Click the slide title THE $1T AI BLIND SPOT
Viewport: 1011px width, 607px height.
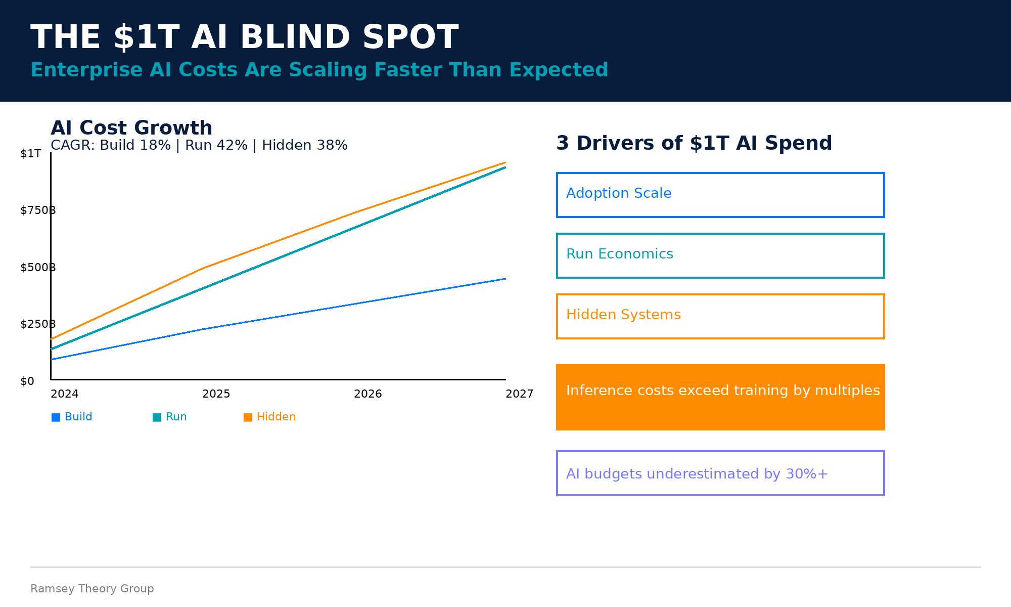pyautogui.click(x=244, y=38)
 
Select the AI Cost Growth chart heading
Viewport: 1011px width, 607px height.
pyautogui.click(x=131, y=128)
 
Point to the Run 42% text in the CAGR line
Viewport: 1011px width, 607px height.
pyautogui.click(x=216, y=145)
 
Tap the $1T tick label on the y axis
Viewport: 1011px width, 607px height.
pyautogui.click(x=30, y=154)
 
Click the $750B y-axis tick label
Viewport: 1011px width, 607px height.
pyautogui.click(x=37, y=210)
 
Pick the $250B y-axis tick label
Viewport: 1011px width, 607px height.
pyautogui.click(x=37, y=324)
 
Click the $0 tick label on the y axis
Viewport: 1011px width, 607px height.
pyautogui.click(x=27, y=381)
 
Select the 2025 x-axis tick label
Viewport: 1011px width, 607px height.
pyautogui.click(x=216, y=394)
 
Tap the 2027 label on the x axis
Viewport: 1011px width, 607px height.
pyautogui.click(x=519, y=394)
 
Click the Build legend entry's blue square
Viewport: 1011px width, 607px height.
pyautogui.click(x=56, y=417)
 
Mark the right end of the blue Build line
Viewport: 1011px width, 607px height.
pyautogui.click(x=504, y=279)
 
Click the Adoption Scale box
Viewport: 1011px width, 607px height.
pyautogui.click(x=720, y=195)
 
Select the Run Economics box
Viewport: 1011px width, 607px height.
pyautogui.click(x=720, y=255)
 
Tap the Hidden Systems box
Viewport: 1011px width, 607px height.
pyautogui.click(x=720, y=316)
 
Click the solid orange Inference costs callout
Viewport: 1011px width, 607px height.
pyautogui.click(x=720, y=397)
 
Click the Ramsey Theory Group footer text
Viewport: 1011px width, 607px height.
pyautogui.click(x=92, y=589)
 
